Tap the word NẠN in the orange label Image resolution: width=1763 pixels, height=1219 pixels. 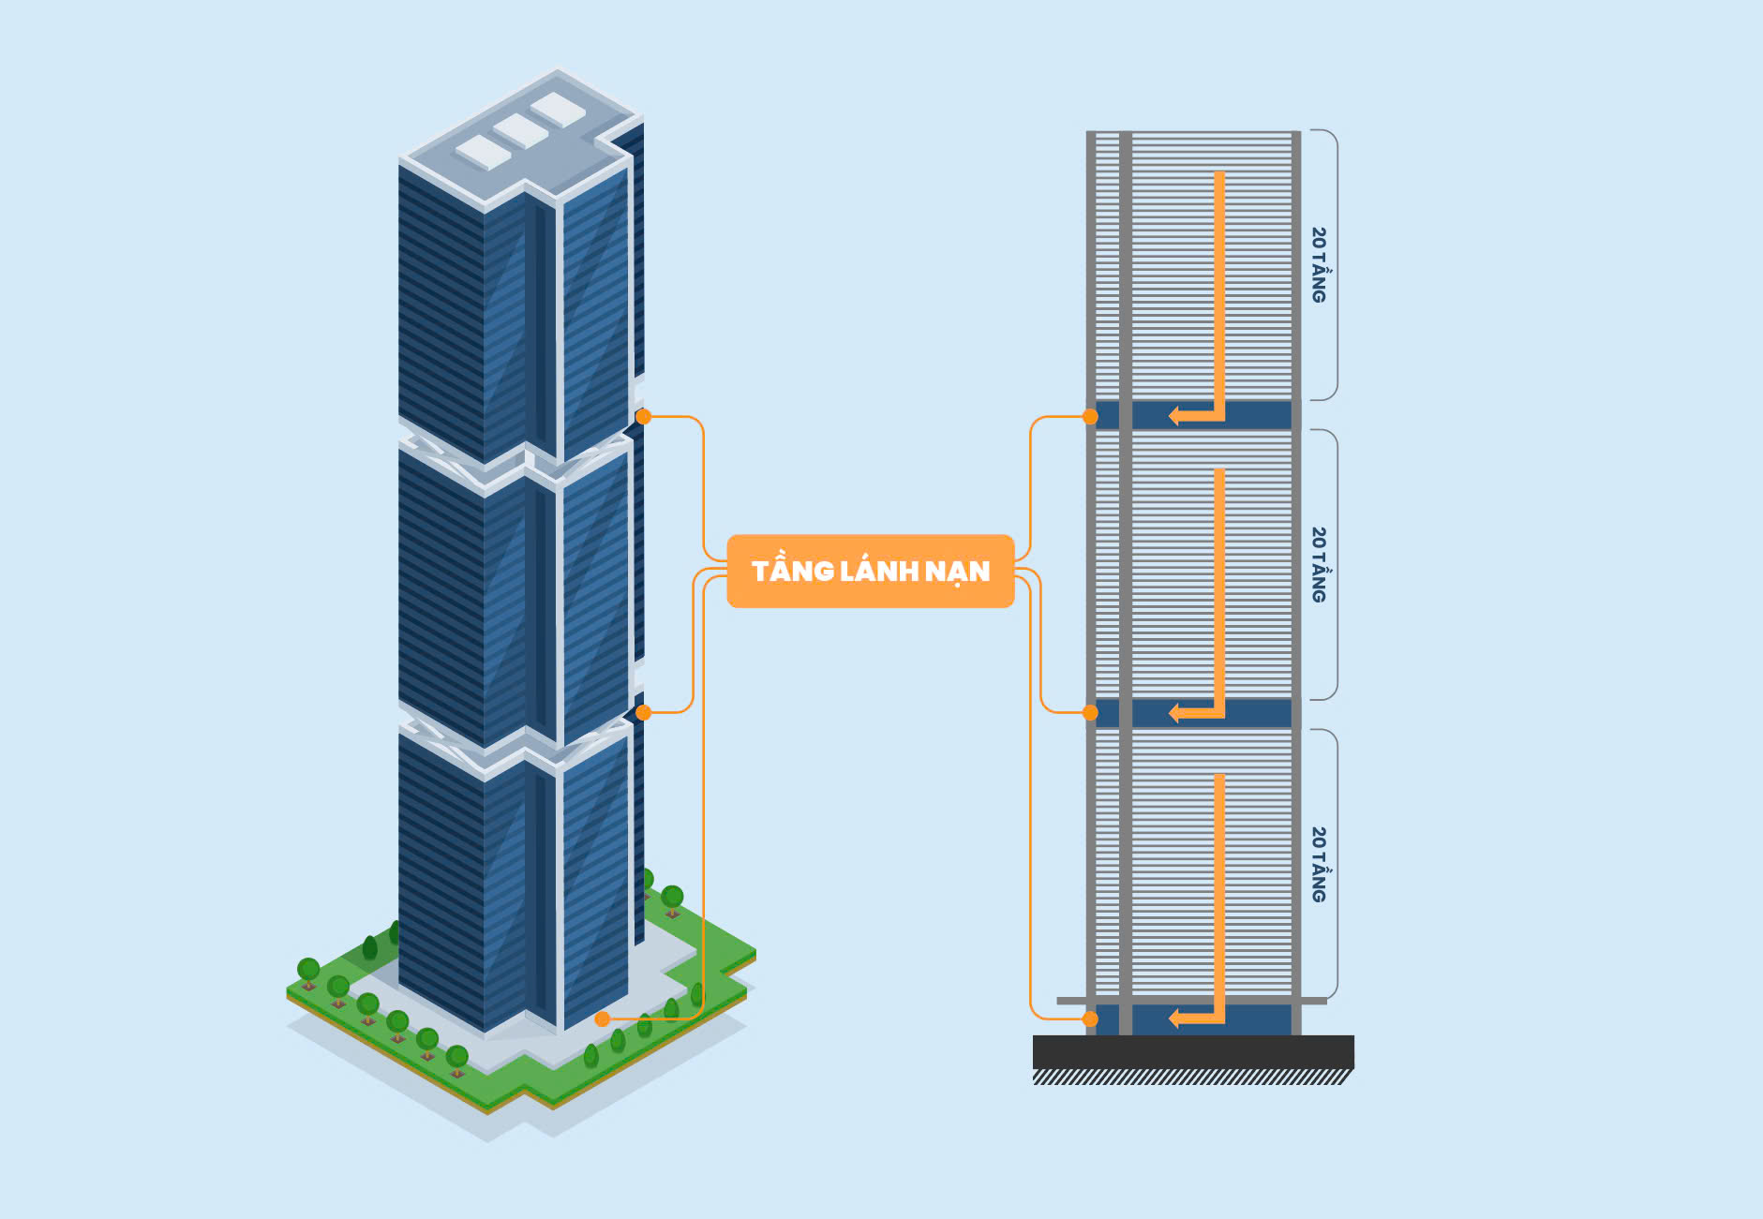coord(957,571)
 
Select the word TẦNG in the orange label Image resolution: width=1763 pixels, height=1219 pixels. coord(792,571)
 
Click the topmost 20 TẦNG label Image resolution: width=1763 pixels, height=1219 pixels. coord(1319,264)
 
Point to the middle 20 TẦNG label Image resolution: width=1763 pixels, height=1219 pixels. coord(1319,564)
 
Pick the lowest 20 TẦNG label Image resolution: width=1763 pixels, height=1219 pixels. coord(1319,864)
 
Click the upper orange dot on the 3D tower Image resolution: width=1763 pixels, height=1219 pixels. coord(643,416)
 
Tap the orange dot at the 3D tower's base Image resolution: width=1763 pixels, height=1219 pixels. coord(603,1018)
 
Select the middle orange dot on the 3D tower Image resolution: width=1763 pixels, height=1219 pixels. coord(643,712)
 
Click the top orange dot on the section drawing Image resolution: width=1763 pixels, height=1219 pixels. coord(1090,416)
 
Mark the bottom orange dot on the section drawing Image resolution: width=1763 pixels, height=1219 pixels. coord(1090,1018)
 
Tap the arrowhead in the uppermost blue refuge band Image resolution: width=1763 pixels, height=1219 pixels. coord(1174,415)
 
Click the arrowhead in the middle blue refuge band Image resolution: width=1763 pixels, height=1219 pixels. coord(1174,713)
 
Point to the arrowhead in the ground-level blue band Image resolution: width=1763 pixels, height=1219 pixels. coord(1174,1018)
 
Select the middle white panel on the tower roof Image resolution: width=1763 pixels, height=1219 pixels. coord(520,130)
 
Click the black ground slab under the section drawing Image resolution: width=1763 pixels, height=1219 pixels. coord(1192,1051)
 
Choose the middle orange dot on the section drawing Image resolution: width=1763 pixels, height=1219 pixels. coord(1090,712)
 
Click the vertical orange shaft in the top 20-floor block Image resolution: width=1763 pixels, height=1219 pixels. coord(1219,281)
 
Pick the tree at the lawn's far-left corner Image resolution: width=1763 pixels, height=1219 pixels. coord(308,969)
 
